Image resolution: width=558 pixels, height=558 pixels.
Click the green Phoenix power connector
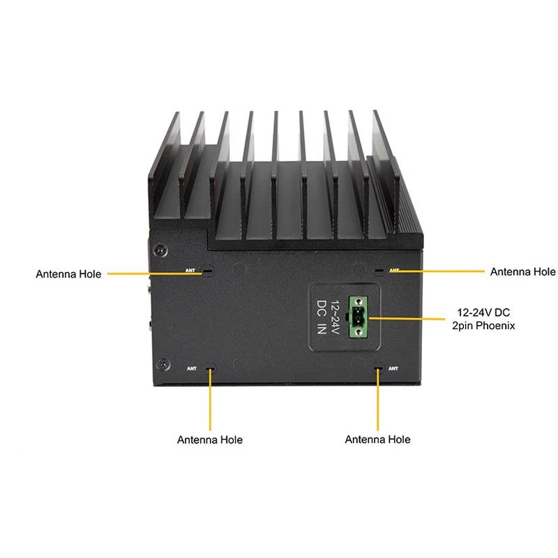click(x=359, y=317)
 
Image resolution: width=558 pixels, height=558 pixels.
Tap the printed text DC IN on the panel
click(x=322, y=317)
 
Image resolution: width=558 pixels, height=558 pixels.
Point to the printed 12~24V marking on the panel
click(x=335, y=317)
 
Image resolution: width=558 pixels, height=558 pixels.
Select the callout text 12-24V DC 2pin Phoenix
click(x=486, y=318)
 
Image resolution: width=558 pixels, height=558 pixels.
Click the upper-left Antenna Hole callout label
click(x=68, y=274)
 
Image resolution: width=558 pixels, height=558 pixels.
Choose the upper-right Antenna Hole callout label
click(x=523, y=271)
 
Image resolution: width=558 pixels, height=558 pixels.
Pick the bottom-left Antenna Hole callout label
click(x=210, y=440)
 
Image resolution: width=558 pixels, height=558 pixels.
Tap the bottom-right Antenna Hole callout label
click(x=377, y=439)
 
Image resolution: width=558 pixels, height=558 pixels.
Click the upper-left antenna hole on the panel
click(x=207, y=272)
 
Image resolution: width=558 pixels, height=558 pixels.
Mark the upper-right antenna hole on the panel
click(x=379, y=270)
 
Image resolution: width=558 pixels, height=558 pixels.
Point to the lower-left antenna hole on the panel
click(x=209, y=368)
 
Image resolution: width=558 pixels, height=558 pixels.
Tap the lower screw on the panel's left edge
click(x=163, y=363)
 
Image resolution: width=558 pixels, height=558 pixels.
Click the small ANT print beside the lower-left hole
click(x=192, y=368)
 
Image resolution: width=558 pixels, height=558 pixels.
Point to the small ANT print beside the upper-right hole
click(x=394, y=270)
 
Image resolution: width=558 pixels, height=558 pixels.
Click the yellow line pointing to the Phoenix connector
click(x=412, y=317)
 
